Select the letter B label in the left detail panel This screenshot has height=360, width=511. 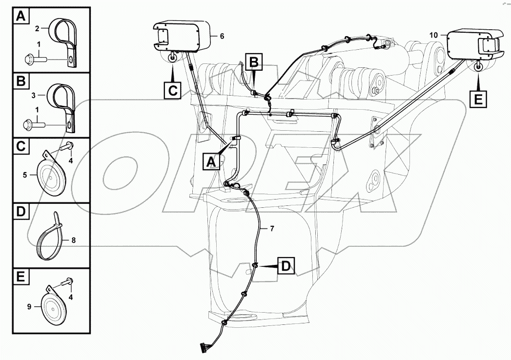pyautogui.click(x=20, y=81)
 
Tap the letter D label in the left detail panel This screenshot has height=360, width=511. pyautogui.click(x=20, y=212)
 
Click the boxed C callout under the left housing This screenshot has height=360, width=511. pyautogui.click(x=173, y=91)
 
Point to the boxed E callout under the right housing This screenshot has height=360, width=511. pyautogui.click(x=477, y=100)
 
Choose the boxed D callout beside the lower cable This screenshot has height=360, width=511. pyautogui.click(x=286, y=266)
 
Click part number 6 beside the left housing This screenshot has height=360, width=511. pyautogui.click(x=222, y=36)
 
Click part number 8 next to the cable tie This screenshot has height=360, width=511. pyautogui.click(x=73, y=240)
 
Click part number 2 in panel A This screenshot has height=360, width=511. pyautogui.click(x=37, y=29)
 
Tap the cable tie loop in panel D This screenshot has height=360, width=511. pyautogui.click(x=50, y=242)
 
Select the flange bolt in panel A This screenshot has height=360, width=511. pyautogui.click(x=34, y=60)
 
